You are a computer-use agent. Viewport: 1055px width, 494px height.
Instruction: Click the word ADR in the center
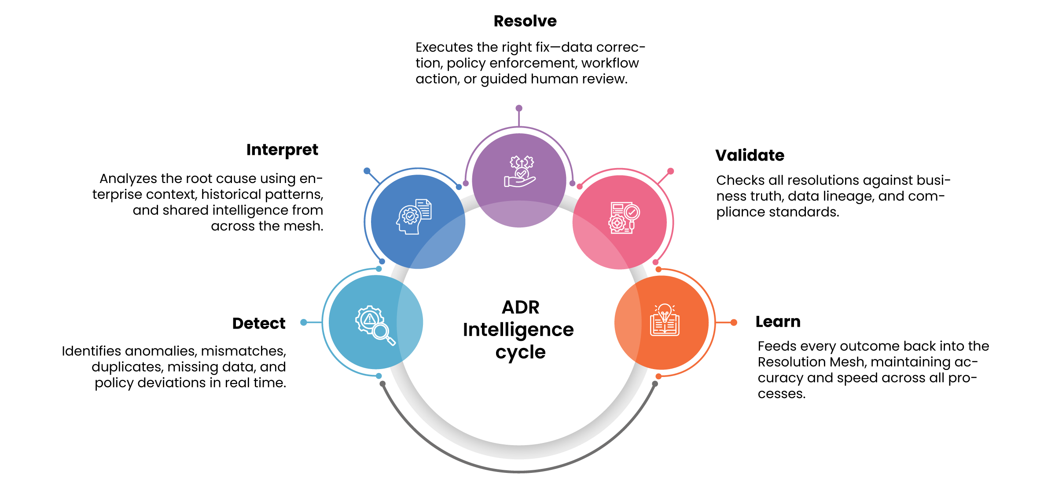click(520, 307)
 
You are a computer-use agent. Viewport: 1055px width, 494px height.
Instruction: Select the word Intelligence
click(518, 330)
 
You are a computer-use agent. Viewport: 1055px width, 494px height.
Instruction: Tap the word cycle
click(520, 352)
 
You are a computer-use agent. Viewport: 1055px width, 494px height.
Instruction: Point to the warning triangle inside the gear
click(370, 319)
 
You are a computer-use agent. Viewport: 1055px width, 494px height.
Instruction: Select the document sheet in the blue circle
click(424, 209)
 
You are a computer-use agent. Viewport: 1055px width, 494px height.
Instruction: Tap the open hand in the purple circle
click(519, 181)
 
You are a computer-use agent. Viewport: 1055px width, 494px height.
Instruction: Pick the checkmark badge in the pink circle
click(632, 212)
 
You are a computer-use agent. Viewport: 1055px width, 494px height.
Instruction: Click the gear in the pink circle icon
click(617, 223)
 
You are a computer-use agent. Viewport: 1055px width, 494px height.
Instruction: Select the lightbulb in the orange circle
click(665, 311)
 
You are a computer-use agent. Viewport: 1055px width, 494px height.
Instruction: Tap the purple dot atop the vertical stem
click(519, 108)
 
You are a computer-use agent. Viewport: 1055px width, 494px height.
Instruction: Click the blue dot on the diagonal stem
click(367, 171)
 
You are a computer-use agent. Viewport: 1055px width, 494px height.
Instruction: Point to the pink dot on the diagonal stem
click(671, 171)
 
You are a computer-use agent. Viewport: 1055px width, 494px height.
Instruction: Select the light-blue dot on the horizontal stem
click(303, 322)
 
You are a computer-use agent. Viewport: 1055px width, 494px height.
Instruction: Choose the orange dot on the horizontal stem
click(734, 322)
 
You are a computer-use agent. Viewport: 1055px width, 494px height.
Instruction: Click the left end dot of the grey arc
click(382, 384)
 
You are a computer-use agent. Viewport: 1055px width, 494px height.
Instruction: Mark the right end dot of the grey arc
click(655, 384)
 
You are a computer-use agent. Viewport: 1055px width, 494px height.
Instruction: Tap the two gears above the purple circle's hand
click(522, 162)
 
